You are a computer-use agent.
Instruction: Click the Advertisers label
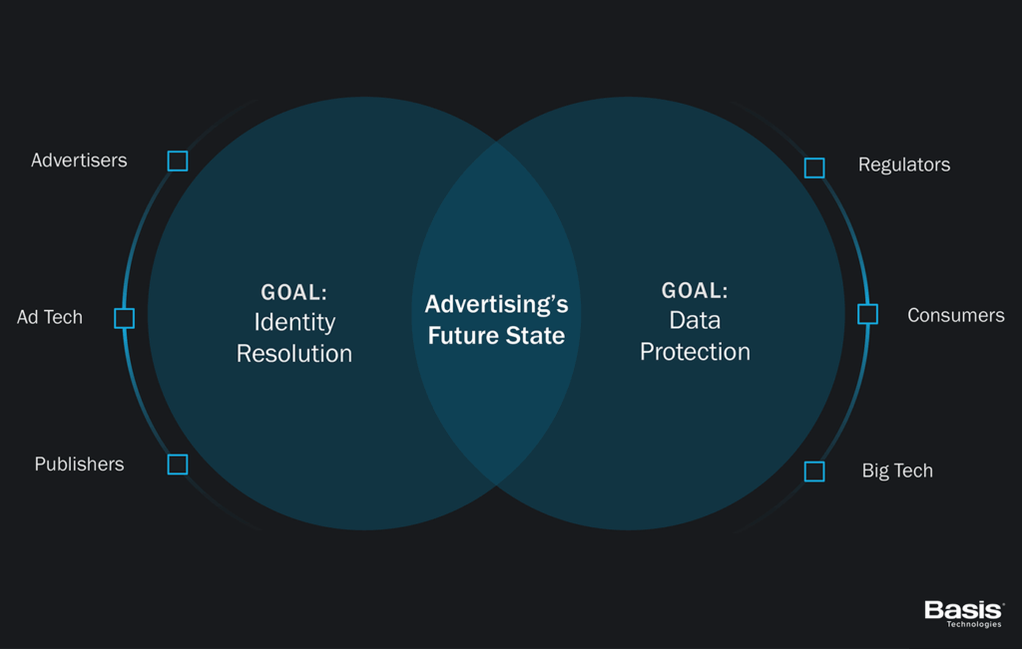point(79,161)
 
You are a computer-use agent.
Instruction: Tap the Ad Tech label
point(50,317)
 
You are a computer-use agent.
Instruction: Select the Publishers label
point(79,465)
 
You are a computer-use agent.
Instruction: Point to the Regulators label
point(903,164)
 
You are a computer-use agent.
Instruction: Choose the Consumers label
point(955,315)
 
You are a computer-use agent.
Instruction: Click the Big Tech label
point(897,471)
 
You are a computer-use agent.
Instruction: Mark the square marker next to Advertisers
point(178,161)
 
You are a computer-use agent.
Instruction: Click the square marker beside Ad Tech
point(124,318)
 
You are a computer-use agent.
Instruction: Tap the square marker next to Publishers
point(178,465)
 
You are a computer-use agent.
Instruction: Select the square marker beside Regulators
point(814,167)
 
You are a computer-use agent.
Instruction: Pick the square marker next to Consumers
point(868,315)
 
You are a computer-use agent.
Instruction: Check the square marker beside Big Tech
point(814,472)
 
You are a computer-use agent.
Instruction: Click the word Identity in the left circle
point(294,323)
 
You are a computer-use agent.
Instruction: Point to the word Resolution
point(294,354)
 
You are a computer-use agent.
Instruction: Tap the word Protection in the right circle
point(695,352)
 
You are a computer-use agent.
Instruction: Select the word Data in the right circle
point(695,321)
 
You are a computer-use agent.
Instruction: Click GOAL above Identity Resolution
point(294,293)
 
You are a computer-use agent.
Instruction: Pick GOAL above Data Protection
point(695,291)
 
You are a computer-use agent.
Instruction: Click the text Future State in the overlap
point(496,336)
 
